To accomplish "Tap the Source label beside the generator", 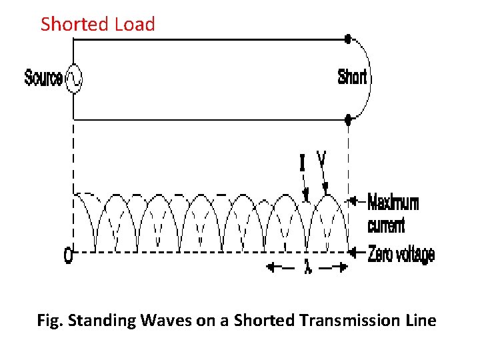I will click(x=44, y=78).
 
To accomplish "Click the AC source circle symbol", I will click(x=73, y=79).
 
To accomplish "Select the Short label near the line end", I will click(x=352, y=77).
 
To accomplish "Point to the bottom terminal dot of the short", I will click(x=347, y=120).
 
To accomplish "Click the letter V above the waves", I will click(x=321, y=159).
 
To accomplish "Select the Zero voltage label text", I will click(x=401, y=254).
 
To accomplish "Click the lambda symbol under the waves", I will click(x=307, y=267).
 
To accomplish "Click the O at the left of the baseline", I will click(x=68, y=256).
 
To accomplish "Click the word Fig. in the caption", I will click(x=50, y=321).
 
